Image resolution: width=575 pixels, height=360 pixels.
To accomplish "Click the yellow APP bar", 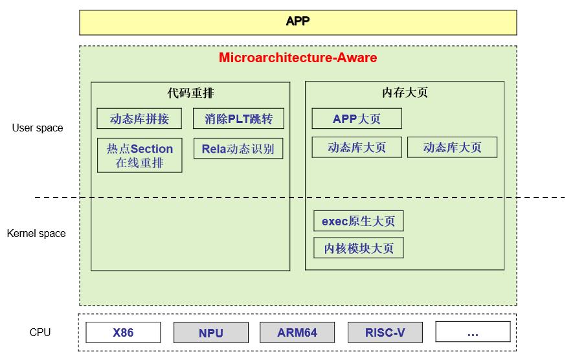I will coord(298,22).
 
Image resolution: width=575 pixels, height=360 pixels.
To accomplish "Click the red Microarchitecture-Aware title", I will coord(298,58).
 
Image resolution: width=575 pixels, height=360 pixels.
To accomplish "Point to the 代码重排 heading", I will coord(190,93).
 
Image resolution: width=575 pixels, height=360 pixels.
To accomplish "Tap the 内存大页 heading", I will coord(405,93).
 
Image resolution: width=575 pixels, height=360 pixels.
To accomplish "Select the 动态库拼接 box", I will coord(139,118).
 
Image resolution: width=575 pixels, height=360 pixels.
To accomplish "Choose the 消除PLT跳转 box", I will coord(238,118).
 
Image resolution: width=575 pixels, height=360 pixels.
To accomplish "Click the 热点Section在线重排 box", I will coord(140,155).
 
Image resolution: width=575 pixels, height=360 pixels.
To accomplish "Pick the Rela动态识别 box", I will coord(238,148).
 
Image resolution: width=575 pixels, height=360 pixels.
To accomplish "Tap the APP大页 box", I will coord(357,118).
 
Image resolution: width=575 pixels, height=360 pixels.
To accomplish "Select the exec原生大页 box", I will coord(358,221).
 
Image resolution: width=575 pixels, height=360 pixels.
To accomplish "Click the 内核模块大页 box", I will coord(358,248).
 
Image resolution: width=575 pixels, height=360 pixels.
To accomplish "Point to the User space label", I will coord(38,128).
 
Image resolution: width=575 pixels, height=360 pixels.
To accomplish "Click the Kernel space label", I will coord(36,233).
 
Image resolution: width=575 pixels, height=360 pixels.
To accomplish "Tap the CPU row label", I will coord(40,332).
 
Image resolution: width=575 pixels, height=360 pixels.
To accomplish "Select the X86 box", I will coord(123,332).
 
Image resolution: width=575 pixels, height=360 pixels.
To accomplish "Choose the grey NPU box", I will coord(210,333).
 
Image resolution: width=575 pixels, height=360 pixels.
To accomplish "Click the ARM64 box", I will coord(297,332).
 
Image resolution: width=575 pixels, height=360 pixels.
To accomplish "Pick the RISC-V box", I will coord(385,332).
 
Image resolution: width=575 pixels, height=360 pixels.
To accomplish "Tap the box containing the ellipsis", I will coord(473,332).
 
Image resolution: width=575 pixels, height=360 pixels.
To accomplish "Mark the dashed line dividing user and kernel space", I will coord(58,197).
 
